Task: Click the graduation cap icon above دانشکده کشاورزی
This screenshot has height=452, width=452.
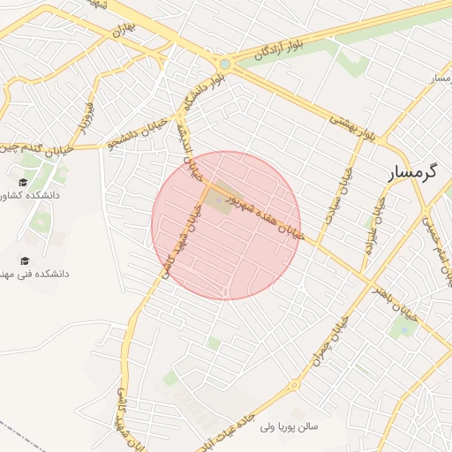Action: [x=23, y=181]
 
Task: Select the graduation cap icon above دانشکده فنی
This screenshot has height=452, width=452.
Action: [x=23, y=260]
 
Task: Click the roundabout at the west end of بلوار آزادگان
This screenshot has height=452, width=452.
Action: [x=225, y=64]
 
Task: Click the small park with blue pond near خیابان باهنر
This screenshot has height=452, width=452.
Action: [x=403, y=329]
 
